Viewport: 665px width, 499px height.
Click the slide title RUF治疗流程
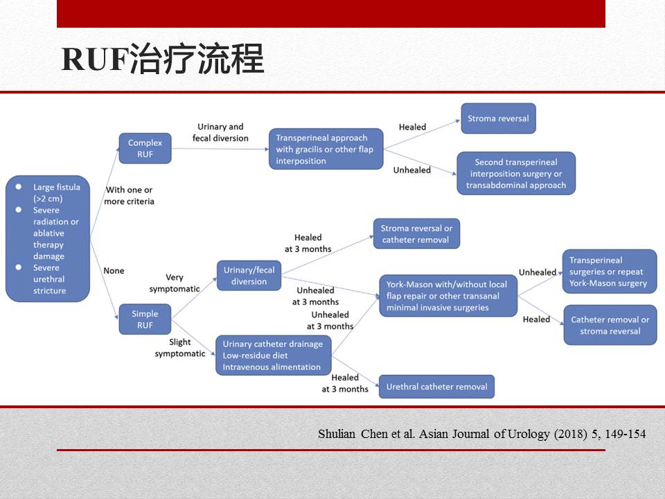(163, 60)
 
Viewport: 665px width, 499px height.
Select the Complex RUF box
(145, 148)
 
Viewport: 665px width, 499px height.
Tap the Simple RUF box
(145, 319)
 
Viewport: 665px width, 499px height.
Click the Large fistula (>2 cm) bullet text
(56, 193)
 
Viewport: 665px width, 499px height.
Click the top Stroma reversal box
(497, 119)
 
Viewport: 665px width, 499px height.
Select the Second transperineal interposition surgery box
(515, 173)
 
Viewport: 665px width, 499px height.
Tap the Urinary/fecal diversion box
(249, 276)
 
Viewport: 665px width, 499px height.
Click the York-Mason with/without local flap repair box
(448, 296)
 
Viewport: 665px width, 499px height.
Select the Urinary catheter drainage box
(273, 356)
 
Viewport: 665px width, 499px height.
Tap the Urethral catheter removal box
(436, 387)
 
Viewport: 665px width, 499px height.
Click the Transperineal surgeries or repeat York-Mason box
(609, 272)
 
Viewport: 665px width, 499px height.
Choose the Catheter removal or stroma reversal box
(610, 325)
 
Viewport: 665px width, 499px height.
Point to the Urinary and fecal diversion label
(220, 132)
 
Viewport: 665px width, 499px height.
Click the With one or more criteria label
(129, 195)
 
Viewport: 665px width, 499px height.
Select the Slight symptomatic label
(180, 348)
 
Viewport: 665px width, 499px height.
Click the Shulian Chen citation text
(481, 435)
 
